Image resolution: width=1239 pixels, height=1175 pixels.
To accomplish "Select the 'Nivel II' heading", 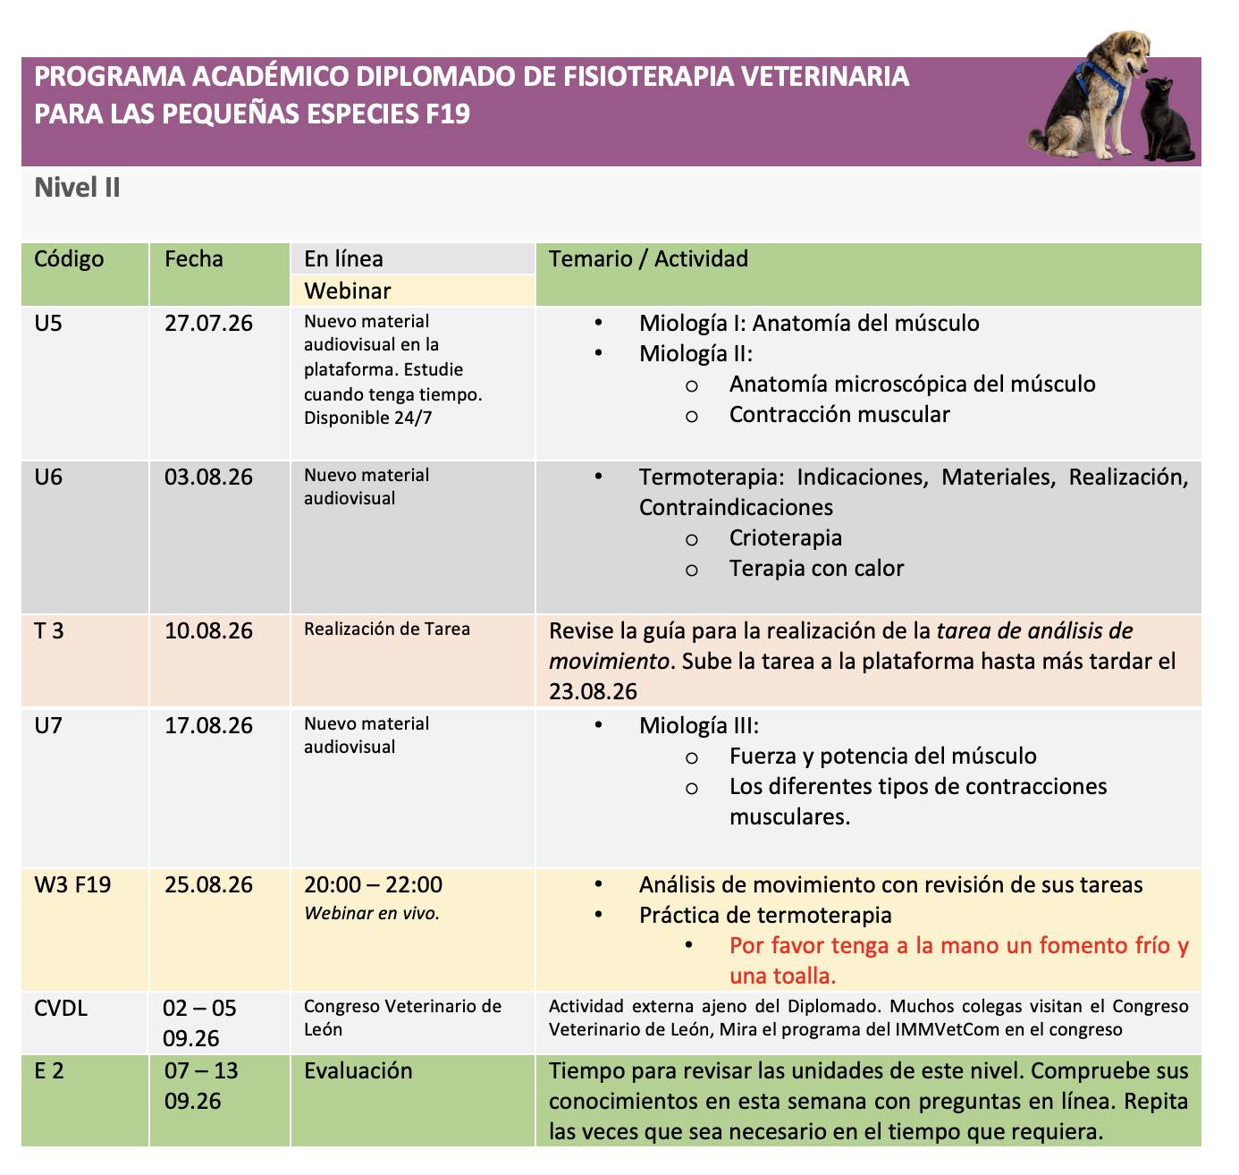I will (x=77, y=188).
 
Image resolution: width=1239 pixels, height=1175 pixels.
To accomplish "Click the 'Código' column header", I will (x=69, y=259).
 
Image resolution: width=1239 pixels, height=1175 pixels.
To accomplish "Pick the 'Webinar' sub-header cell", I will (x=348, y=291).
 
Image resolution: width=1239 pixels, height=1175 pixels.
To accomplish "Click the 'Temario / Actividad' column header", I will (x=648, y=259).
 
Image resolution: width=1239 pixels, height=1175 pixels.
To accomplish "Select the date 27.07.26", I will (x=208, y=323).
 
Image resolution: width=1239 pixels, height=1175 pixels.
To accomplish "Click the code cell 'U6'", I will (x=48, y=477).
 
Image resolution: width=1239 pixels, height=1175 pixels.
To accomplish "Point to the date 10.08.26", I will (x=208, y=630).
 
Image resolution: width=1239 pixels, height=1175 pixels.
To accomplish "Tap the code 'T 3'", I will (x=49, y=630).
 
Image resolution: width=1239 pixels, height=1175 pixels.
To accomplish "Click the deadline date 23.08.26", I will (x=593, y=691).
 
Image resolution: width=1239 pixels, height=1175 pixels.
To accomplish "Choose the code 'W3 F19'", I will (x=72, y=884).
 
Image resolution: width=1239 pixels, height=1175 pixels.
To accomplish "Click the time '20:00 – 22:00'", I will (x=373, y=884).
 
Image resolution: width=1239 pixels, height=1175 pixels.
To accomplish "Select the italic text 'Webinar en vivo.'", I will (x=372, y=913).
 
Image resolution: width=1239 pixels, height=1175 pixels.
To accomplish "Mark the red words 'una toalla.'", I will (x=782, y=976).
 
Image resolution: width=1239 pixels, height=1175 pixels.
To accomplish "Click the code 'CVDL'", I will (x=61, y=1008).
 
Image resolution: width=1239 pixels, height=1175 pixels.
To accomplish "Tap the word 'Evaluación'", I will (x=358, y=1070).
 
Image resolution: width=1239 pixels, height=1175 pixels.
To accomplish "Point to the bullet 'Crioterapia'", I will (x=785, y=537).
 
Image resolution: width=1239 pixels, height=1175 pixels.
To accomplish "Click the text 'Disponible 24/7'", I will (x=367, y=418).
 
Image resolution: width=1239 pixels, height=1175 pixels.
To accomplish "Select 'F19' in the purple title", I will (x=442, y=114).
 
